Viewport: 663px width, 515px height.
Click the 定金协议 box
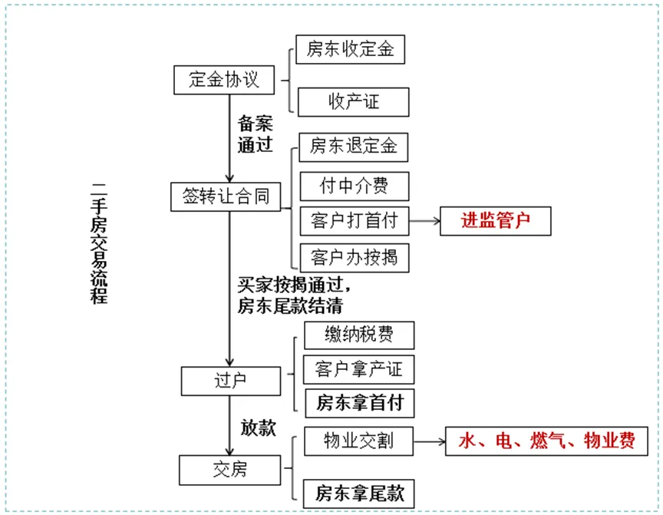(223, 80)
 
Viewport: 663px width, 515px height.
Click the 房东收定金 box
(350, 50)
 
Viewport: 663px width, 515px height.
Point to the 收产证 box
(353, 101)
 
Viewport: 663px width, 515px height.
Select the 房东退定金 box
(353, 146)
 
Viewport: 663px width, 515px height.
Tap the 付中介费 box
(353, 186)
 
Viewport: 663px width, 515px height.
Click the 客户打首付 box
(354, 222)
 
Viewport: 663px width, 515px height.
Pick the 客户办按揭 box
(354, 256)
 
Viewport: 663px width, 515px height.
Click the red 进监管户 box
(496, 222)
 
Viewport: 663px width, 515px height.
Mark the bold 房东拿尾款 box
(358, 493)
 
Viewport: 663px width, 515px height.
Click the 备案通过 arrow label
(256, 134)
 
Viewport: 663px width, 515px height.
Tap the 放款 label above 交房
(258, 428)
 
